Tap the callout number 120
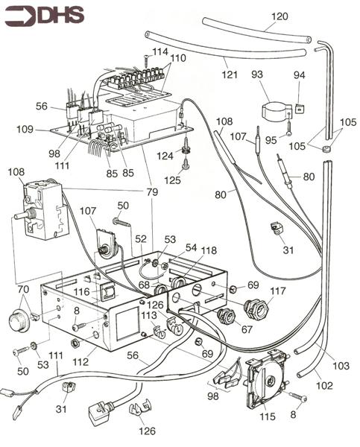click(x=279, y=16)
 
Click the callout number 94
click(x=300, y=76)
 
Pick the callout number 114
click(x=160, y=51)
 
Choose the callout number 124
click(x=167, y=155)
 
